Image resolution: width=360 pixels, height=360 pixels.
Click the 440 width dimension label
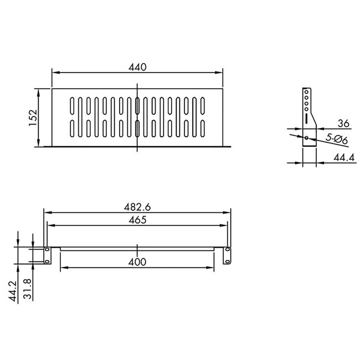point(137,67)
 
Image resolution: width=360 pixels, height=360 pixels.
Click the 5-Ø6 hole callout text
point(336,140)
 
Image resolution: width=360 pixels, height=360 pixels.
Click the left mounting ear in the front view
point(48,255)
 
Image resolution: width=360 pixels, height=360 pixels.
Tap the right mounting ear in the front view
point(227,255)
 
